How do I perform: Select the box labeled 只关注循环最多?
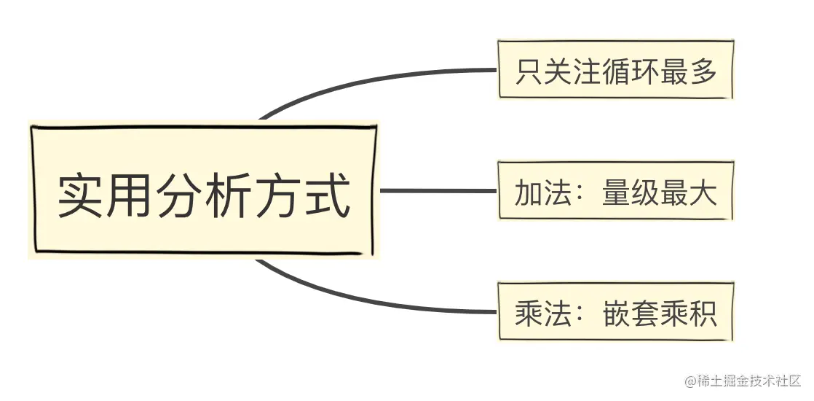(615, 71)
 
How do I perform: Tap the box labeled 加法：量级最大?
(615, 192)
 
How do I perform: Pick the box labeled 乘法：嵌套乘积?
(615, 312)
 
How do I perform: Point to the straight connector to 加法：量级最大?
(437, 191)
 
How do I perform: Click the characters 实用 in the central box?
(106, 195)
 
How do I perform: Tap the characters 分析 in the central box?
(204, 195)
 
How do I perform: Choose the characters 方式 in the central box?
(301, 195)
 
